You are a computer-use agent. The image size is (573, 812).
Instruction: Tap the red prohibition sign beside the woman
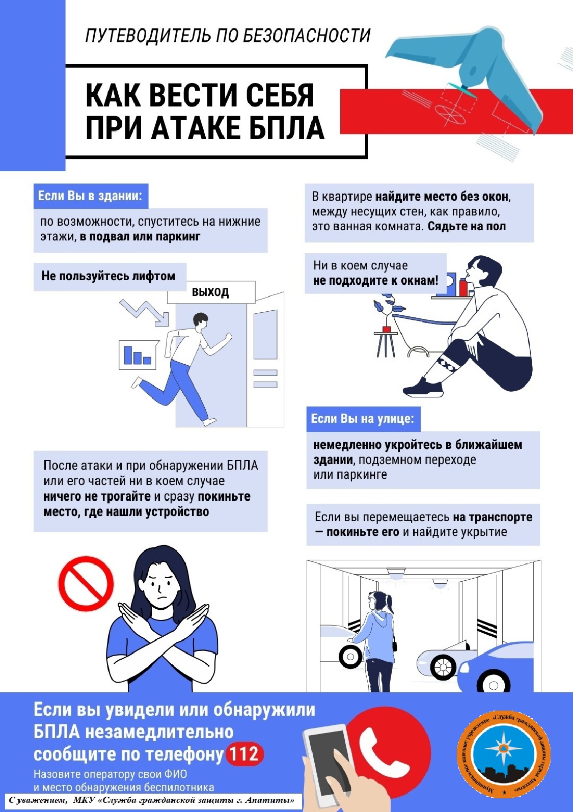pyautogui.click(x=86, y=584)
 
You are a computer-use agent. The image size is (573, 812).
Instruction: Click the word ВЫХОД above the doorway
pyautogui.click(x=210, y=292)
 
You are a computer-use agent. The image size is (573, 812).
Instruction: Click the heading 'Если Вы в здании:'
pyautogui.click(x=90, y=196)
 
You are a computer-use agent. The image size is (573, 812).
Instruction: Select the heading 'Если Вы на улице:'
pyautogui.click(x=363, y=419)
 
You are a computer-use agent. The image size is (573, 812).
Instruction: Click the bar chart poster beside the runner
pyautogui.click(x=139, y=355)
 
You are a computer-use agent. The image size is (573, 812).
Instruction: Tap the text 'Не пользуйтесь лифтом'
pyautogui.click(x=108, y=276)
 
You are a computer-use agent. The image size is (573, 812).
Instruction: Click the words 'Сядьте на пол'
pyautogui.click(x=467, y=226)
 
